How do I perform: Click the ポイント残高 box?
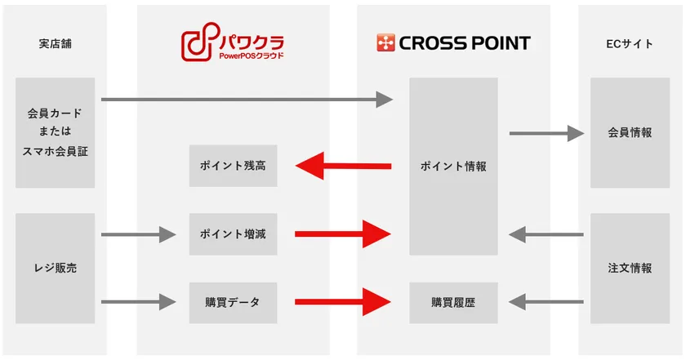pyautogui.click(x=234, y=166)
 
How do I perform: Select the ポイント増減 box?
pyautogui.click(x=234, y=234)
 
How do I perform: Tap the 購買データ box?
pyautogui.click(x=234, y=303)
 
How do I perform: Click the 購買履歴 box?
pyautogui.click(x=453, y=303)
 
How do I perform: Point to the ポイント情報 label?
pyautogui.click(x=453, y=167)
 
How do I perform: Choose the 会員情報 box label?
pyautogui.click(x=630, y=132)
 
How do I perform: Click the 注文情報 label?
pyautogui.click(x=630, y=268)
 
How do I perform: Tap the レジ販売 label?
pyautogui.click(x=56, y=268)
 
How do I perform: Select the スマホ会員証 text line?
pyautogui.click(x=56, y=151)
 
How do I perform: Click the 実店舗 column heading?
pyautogui.click(x=56, y=44)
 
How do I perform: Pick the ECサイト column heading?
pyautogui.click(x=630, y=44)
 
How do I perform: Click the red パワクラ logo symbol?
pyautogui.click(x=200, y=42)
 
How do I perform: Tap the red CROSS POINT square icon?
pyautogui.click(x=385, y=43)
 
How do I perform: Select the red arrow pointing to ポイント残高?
pyautogui.click(x=344, y=166)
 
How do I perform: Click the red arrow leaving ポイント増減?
pyautogui.click(x=343, y=234)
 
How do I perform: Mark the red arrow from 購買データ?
pyautogui.click(x=343, y=302)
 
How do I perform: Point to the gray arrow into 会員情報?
pyautogui.click(x=547, y=133)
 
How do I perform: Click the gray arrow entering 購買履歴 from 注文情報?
pyautogui.click(x=546, y=302)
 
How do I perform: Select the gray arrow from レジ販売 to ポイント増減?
pyautogui.click(x=139, y=235)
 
